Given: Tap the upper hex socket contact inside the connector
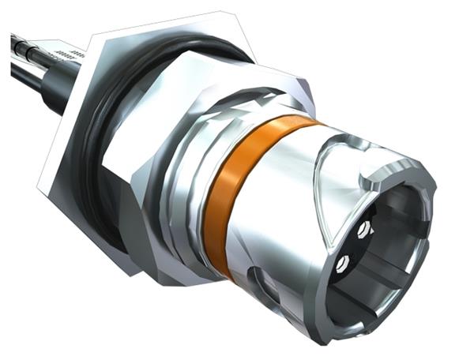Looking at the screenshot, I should click(363, 229).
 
